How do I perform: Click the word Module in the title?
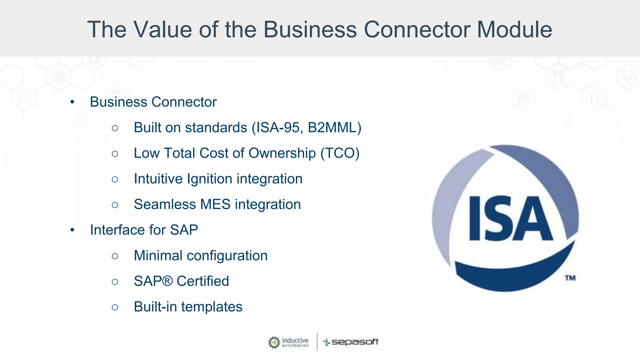point(514,30)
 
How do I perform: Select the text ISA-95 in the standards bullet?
point(280,128)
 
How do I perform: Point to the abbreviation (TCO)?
point(340,153)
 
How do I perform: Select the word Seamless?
point(165,205)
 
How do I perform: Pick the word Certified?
point(203,281)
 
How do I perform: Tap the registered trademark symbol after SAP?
point(167,281)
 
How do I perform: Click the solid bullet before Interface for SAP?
point(72,230)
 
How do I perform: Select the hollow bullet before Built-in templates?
point(115,307)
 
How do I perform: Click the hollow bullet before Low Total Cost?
point(115,154)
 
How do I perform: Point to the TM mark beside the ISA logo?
point(570,278)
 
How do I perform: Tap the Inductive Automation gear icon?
point(274,342)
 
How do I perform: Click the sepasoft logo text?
point(355,342)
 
